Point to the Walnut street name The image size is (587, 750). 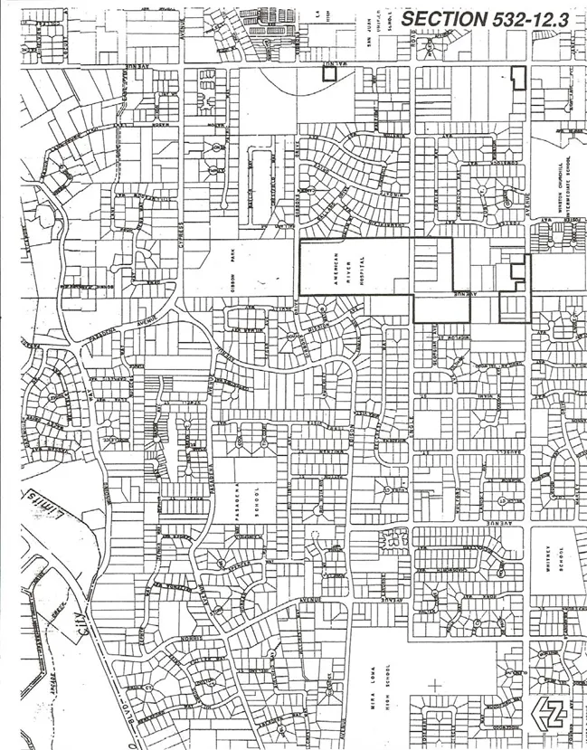(x=336, y=65)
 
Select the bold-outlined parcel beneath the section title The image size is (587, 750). (x=518, y=77)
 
